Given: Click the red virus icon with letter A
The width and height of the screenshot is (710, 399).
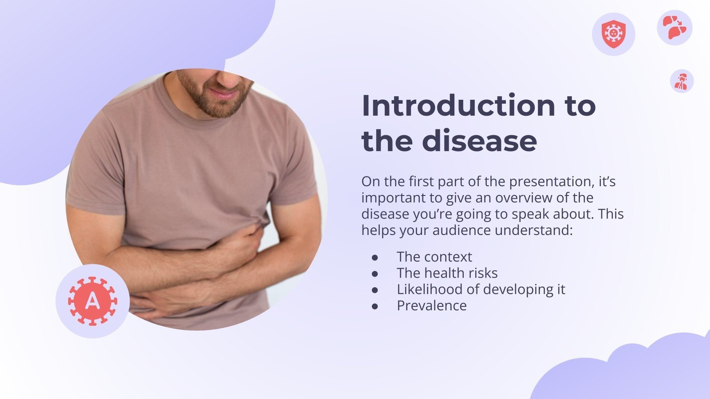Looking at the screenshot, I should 92,301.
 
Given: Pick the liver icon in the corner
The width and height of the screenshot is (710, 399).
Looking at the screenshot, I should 674,27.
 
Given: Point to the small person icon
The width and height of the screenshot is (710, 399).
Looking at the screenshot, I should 682,81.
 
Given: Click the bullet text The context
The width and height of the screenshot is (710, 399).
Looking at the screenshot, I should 434,257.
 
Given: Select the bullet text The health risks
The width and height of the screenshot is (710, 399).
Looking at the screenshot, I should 447,273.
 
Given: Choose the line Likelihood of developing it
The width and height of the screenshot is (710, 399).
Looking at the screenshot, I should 481,289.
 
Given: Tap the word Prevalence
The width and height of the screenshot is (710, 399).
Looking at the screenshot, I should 431,306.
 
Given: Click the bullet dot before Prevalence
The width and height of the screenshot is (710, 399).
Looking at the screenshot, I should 375,306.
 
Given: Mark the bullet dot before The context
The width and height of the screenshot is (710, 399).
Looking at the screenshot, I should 375,257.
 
